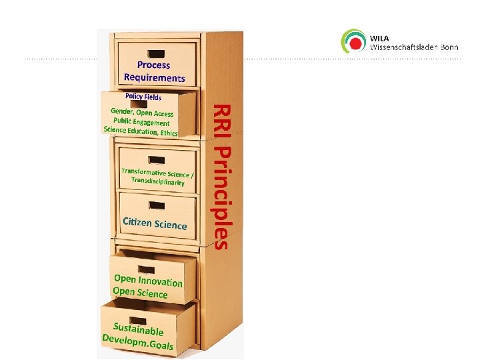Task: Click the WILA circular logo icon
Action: (353, 41)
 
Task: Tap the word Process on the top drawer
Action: (153, 65)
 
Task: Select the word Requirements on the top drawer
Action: (154, 77)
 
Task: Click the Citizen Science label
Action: (155, 223)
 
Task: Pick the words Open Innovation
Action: (148, 280)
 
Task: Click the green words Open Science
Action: (139, 292)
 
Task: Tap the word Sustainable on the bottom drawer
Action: (138, 329)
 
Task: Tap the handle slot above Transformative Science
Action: (157, 160)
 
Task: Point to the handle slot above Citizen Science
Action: (157, 203)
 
